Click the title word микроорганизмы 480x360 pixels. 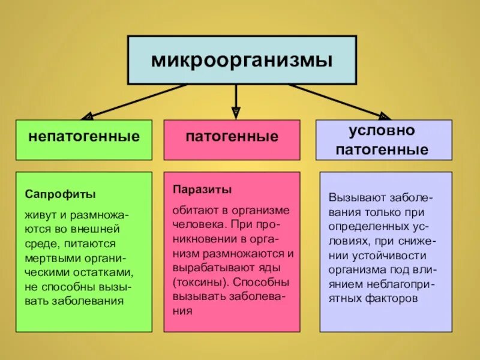(x=241, y=60)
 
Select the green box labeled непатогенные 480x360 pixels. (x=84, y=139)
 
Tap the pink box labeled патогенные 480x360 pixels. (x=232, y=139)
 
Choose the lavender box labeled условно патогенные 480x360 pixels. (x=384, y=139)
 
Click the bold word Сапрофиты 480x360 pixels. (x=61, y=194)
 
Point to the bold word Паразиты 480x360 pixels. (x=202, y=190)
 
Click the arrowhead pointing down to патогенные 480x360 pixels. (x=236, y=111)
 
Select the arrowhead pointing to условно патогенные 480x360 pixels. (x=383, y=115)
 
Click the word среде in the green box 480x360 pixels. (x=38, y=244)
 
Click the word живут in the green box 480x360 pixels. (x=37, y=215)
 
